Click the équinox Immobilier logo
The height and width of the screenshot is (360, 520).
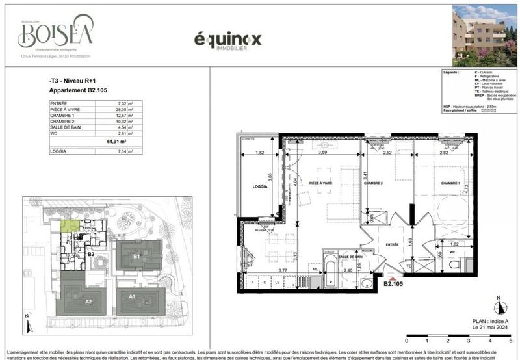[227, 40]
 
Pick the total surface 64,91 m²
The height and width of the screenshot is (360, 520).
[116, 139]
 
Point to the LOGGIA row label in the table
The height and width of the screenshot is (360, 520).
[60, 151]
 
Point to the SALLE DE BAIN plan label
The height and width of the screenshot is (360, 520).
[350, 256]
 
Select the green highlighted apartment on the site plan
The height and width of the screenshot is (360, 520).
[70, 225]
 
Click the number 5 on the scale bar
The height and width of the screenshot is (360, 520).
[510, 341]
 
